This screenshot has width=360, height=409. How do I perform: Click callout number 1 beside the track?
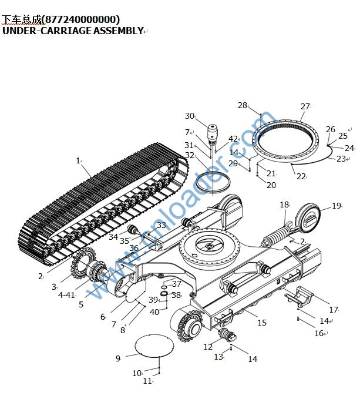(x=78, y=160)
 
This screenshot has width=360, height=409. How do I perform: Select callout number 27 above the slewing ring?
(x=305, y=106)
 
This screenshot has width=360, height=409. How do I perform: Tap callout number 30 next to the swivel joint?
(x=189, y=116)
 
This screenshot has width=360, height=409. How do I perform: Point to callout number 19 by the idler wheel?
(x=337, y=206)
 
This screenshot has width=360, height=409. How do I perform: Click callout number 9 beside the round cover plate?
(x=118, y=358)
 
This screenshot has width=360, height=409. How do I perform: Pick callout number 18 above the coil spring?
(x=284, y=204)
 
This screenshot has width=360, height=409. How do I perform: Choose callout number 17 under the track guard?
(x=334, y=310)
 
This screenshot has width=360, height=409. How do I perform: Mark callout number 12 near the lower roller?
(x=208, y=347)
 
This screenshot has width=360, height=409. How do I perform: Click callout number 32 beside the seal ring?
(x=189, y=155)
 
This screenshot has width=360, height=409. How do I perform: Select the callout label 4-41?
(x=67, y=295)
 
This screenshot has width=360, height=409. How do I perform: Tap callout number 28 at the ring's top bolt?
(x=243, y=105)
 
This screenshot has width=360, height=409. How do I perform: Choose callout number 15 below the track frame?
(x=262, y=323)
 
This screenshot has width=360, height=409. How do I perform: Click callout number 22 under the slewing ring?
(x=301, y=176)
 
